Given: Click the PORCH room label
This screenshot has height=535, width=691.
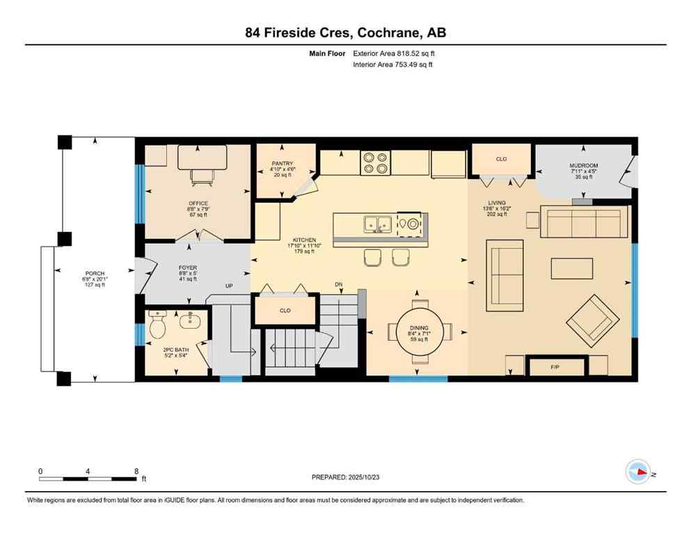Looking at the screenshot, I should click(95, 273).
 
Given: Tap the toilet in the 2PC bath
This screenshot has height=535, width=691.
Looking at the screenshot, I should click(157, 324).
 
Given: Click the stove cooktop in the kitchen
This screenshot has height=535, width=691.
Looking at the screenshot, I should click(375, 162).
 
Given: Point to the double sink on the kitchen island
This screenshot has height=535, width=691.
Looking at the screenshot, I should click(376, 224).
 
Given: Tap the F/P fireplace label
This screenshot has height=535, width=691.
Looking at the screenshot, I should click(555, 366).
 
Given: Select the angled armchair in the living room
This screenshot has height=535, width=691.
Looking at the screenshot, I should click(592, 320).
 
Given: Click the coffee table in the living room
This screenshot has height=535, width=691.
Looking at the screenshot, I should click(572, 268).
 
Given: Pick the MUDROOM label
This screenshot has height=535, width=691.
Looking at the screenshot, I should click(584, 166).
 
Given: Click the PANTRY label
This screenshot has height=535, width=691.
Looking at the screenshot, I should click(283, 164).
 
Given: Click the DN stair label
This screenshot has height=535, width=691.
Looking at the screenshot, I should click(338, 284).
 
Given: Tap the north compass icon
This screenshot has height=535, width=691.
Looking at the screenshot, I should click(638, 472).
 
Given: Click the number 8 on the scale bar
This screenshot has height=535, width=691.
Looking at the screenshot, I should click(135, 470).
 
